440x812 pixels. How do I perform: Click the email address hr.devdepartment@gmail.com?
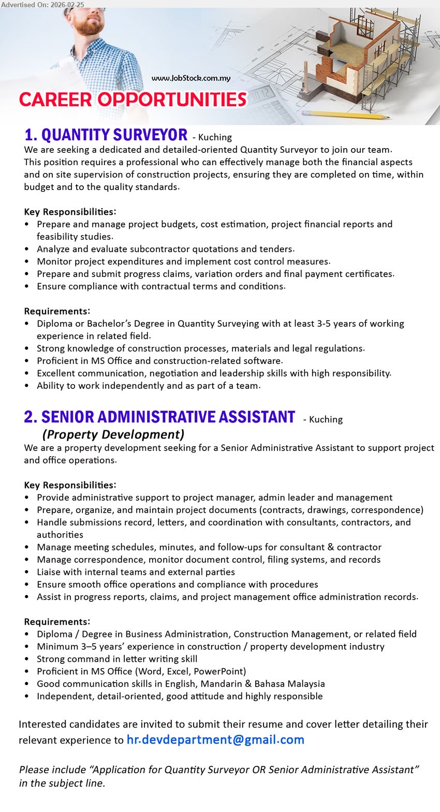pos(215,740)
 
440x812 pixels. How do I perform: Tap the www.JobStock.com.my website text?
pos(191,78)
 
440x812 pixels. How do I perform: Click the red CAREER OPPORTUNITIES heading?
pos(133,99)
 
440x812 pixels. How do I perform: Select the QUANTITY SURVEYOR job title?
pos(106,135)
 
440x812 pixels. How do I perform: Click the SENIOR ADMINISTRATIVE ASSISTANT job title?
pos(160,417)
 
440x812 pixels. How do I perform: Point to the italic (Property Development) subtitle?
pos(113,434)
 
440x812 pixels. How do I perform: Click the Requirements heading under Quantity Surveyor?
pos(57,311)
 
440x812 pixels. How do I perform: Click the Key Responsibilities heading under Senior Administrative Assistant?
pos(70,485)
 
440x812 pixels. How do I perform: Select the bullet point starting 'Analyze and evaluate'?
pos(166,249)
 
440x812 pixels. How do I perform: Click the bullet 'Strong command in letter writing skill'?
pos(117,659)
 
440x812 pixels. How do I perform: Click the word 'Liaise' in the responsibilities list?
pos(49,572)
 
